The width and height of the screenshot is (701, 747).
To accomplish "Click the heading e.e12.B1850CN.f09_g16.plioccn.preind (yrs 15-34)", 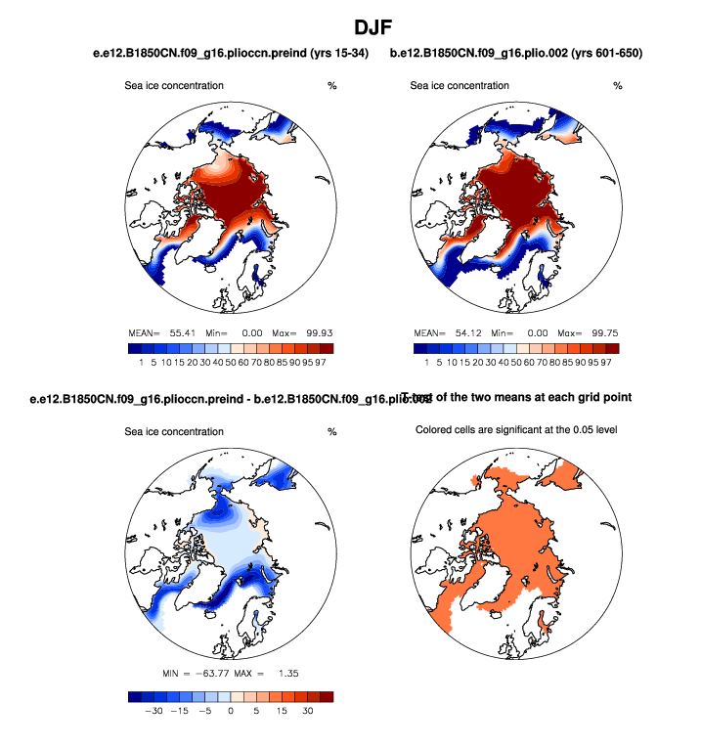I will (x=224, y=52).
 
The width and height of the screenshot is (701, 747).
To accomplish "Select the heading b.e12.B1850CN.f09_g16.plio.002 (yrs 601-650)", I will (x=515, y=52).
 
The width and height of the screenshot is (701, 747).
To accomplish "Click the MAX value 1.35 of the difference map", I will (x=285, y=675).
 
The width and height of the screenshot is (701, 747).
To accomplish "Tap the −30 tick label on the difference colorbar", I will (x=153, y=713).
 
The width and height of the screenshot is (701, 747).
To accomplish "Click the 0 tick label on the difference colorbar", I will (x=231, y=713).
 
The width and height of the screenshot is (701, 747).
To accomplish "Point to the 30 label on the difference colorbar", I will (x=307, y=713).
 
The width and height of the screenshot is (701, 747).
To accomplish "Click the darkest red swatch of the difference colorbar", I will (x=326, y=696).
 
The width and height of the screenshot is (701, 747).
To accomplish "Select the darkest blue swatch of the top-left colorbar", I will (x=135, y=348).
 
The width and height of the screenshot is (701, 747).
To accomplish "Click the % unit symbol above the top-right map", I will (x=617, y=86).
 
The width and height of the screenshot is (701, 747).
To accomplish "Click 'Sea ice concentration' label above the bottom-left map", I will (x=174, y=431).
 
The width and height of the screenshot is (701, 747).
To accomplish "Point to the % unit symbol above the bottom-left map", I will (x=331, y=431).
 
